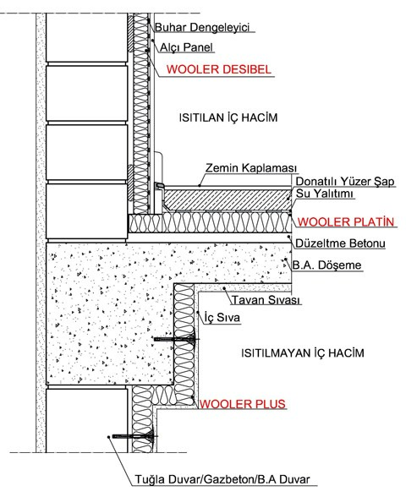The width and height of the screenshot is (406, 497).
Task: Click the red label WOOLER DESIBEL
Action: [x=219, y=69]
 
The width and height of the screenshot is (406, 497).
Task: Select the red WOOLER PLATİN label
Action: [x=346, y=221]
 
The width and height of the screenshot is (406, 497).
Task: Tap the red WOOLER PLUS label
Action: [x=242, y=404]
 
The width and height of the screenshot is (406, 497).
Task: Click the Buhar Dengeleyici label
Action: [x=202, y=27]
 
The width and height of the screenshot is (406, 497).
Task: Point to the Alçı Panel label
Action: [x=186, y=47]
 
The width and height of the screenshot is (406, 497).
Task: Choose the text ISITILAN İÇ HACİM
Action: [x=228, y=117]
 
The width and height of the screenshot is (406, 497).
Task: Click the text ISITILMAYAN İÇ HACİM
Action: [x=303, y=352]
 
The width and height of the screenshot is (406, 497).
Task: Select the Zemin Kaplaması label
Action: [x=251, y=167]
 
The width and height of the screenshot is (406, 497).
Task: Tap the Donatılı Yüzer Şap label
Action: [x=345, y=181]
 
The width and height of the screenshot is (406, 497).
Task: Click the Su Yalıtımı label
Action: [x=325, y=194]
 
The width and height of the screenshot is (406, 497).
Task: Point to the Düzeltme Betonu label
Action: [x=340, y=243]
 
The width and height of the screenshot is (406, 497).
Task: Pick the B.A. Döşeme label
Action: [x=327, y=265]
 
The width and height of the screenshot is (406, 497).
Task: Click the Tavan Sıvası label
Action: [x=266, y=299]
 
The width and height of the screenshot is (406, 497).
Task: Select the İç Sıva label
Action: [x=222, y=317]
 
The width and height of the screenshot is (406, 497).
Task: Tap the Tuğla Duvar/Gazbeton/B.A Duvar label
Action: [x=222, y=479]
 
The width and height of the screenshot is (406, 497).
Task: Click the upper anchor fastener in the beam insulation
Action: [x=176, y=339]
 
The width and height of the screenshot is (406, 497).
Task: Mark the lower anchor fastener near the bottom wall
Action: [x=134, y=436]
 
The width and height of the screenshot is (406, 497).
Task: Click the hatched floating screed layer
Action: [x=227, y=199]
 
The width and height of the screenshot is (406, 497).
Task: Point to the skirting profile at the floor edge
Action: [x=159, y=185]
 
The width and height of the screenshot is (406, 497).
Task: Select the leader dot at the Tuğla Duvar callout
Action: [x=108, y=437]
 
